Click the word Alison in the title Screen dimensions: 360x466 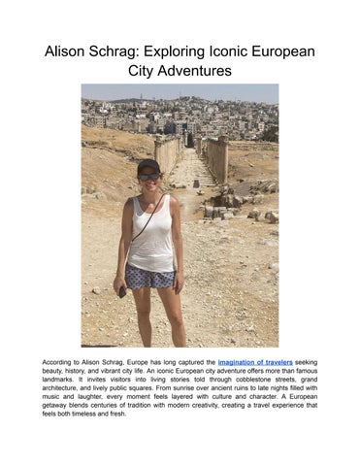(x=69, y=50)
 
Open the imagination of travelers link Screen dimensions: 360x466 (x=256, y=361)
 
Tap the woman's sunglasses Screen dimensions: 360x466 (x=149, y=176)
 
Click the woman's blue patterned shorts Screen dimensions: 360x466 (x=150, y=278)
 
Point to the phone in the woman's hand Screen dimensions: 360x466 (x=122, y=290)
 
